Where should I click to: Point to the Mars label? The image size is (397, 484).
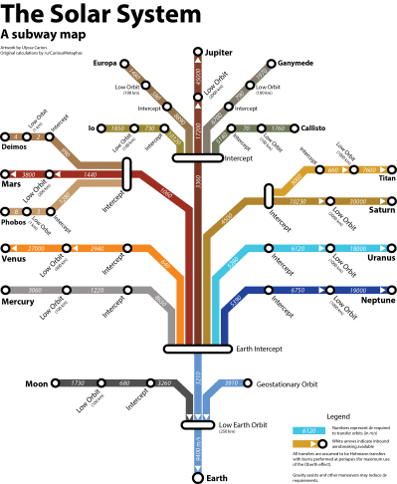[x=11, y=184]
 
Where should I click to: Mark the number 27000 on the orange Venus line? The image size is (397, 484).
[x=40, y=247]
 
